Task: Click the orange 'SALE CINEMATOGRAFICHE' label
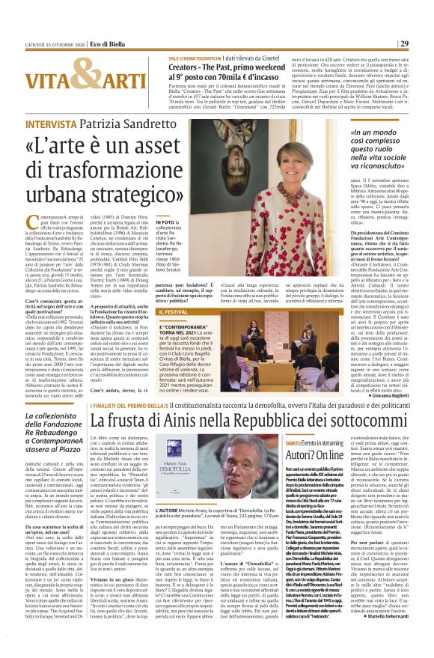coord(195,58)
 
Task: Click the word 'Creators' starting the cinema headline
coord(192,67)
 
